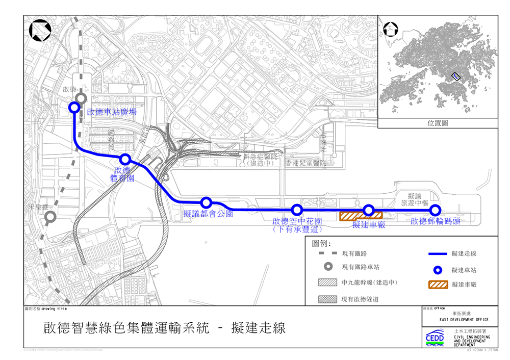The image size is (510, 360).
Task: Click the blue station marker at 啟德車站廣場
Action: pos(74,107)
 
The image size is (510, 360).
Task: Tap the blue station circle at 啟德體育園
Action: pos(125,160)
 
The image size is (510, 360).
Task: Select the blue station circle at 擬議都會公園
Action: pos(207,202)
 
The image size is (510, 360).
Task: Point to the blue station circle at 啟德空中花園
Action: pos(297,210)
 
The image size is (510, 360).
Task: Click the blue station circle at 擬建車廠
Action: pos(369,210)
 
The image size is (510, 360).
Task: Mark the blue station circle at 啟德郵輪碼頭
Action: pos(435,210)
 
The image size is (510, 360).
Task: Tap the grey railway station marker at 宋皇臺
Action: pos(50,218)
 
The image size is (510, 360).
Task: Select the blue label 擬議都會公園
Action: pos(208,214)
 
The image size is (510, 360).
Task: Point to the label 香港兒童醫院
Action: pos(305,163)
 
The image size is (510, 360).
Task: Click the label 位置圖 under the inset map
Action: pos(438,123)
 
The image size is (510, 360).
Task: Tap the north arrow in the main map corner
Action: pos(40,31)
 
